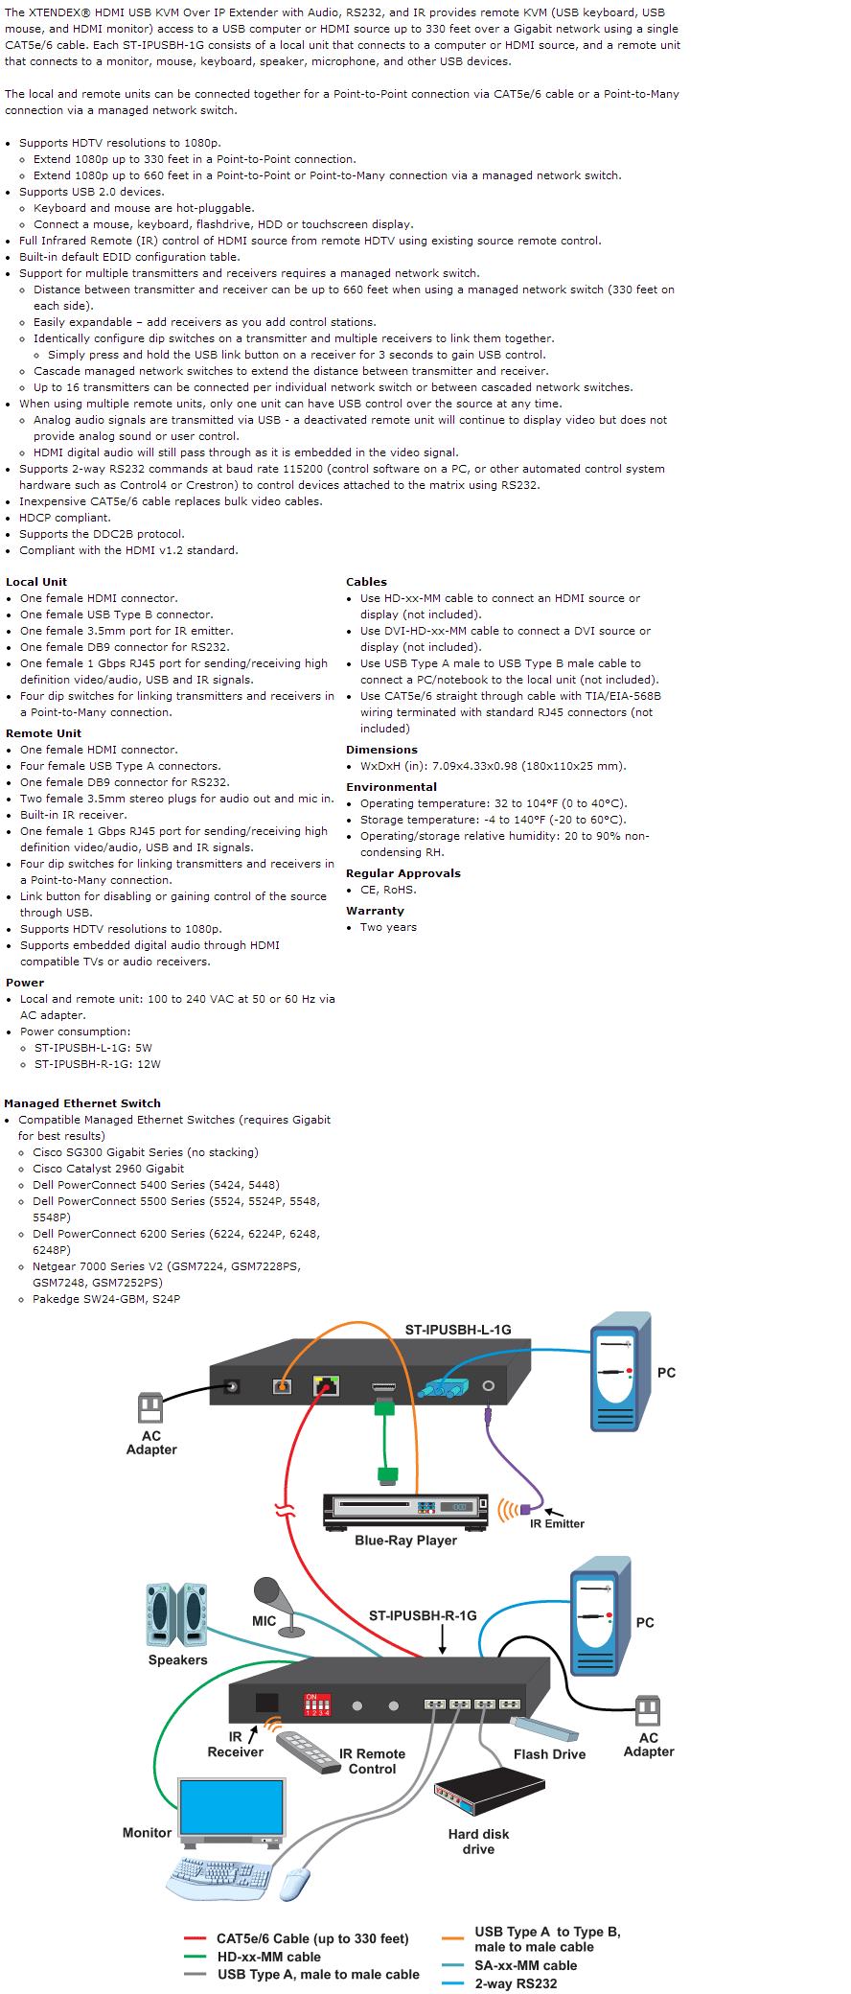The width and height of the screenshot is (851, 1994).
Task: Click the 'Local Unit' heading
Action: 36,582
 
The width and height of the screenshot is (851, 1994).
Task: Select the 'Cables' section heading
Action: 366,582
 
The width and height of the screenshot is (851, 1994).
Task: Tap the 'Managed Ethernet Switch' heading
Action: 82,1103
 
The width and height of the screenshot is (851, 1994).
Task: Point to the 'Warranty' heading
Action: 375,911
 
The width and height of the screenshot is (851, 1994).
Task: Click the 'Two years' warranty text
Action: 388,927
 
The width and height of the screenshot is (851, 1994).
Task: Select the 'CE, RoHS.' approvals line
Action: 388,890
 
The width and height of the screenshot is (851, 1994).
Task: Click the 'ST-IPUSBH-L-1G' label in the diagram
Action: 458,1330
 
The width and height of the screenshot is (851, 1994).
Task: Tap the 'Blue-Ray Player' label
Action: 405,1541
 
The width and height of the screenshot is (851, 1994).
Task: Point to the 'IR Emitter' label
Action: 557,1523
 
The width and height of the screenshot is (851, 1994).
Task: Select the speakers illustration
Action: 176,1615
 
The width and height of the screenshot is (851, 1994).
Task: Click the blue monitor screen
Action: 232,1806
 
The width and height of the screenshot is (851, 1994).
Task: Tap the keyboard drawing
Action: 219,1876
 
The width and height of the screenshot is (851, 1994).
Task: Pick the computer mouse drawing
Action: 294,1885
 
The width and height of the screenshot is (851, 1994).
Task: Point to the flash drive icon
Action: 544,1728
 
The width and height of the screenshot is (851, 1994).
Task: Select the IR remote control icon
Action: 310,1751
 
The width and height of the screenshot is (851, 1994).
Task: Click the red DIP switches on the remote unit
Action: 317,1704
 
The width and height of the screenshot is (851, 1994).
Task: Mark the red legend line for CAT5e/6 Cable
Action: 195,1938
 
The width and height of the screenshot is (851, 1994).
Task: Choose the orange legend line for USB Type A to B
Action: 453,1938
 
